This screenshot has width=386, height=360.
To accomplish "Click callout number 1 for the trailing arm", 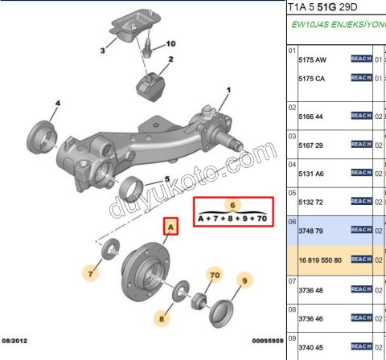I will [x=228, y=90].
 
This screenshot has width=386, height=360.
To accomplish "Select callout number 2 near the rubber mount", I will [x=170, y=60].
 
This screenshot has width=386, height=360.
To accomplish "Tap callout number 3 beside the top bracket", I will [x=102, y=51].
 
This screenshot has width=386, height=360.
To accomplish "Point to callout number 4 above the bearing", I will [x=57, y=104].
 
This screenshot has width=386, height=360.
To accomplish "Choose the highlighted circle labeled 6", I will [x=232, y=204].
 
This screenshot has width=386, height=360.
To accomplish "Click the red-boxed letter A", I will [x=170, y=228].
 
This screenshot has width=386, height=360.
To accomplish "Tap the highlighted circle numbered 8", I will [x=161, y=319].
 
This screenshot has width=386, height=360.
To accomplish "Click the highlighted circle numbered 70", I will [x=214, y=275].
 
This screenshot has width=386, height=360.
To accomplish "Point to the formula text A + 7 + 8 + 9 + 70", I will [x=232, y=218].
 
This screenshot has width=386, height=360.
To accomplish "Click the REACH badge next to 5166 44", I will [x=361, y=116].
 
